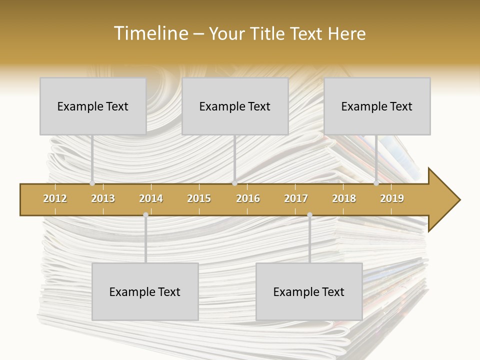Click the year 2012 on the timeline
[55, 198]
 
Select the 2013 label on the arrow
[103, 198]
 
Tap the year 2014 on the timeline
[151, 198]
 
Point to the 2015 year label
[199, 198]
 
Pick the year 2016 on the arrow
[248, 198]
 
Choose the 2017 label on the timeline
[296, 198]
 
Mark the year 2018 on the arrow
[344, 198]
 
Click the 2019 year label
[392, 198]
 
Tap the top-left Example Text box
[93, 106]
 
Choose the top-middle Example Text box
[235, 106]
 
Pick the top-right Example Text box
[377, 106]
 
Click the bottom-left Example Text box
[145, 291]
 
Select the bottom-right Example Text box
[309, 291]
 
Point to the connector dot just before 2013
[92, 183]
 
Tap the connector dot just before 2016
[234, 183]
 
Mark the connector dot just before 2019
[376, 183]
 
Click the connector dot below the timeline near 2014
[145, 214]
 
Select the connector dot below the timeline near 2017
[309, 214]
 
